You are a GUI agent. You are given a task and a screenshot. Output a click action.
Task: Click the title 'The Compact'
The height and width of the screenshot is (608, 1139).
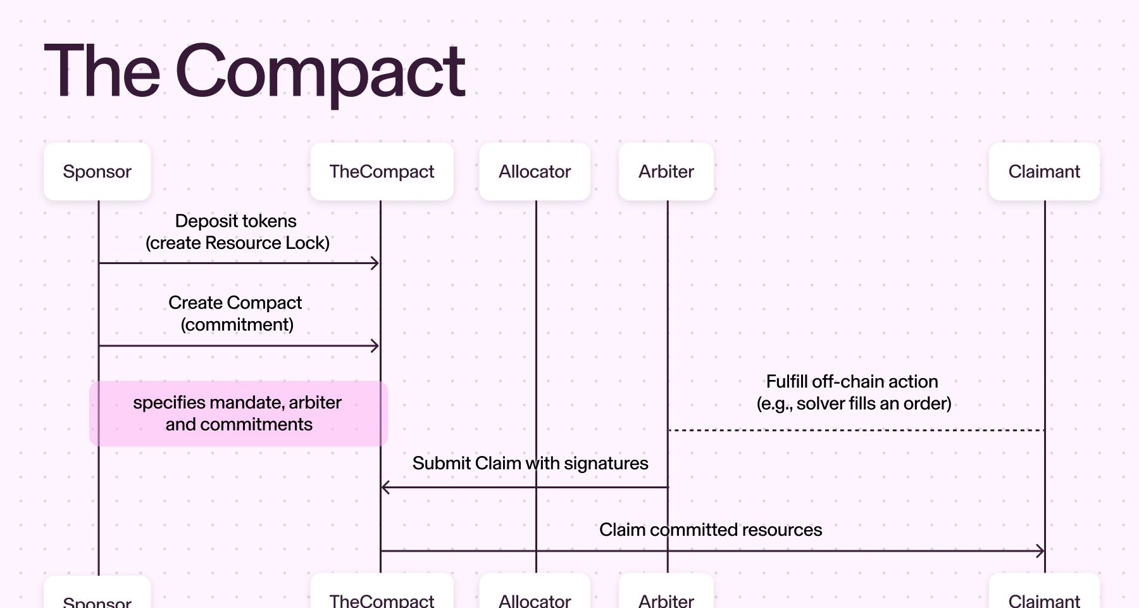point(254,71)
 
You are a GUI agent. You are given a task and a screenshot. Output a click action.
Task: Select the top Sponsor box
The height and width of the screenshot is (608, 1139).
point(97,172)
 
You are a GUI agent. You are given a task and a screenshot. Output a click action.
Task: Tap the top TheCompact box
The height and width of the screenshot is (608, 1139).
point(382,172)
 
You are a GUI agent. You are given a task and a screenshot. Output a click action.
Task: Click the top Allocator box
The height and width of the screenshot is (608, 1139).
point(535,172)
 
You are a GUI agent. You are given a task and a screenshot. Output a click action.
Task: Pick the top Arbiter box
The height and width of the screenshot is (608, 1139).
point(666,172)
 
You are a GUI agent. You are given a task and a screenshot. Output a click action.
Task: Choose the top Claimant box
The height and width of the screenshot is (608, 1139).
point(1044,172)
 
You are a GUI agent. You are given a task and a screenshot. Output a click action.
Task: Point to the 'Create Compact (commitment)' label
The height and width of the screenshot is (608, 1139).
point(236,313)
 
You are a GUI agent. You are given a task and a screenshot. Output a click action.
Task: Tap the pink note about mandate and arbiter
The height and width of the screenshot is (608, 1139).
point(238,414)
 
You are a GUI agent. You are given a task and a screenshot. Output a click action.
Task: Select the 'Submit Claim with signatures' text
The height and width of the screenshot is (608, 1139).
point(530,464)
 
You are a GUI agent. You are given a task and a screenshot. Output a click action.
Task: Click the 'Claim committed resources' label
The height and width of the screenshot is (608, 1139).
point(710,530)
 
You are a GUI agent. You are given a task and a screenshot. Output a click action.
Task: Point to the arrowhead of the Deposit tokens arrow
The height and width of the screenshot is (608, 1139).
point(375,263)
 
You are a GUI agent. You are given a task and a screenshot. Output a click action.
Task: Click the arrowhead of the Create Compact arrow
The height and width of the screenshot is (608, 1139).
point(375,346)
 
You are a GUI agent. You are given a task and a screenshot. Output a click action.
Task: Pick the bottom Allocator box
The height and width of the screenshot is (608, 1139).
point(535,595)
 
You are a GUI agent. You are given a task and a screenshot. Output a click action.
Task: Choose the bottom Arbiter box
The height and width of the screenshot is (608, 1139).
point(666,595)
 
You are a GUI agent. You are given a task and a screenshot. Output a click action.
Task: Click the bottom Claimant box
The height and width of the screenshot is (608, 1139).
point(1044,595)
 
